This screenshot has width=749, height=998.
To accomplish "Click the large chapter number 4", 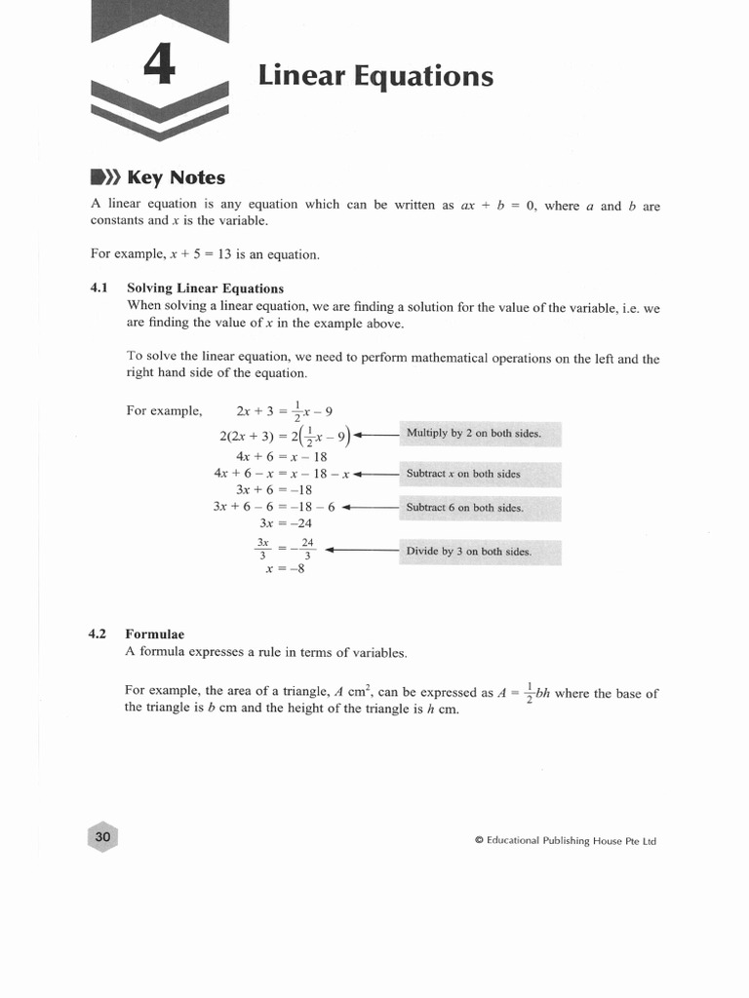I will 160,68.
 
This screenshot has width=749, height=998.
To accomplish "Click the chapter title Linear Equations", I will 375,76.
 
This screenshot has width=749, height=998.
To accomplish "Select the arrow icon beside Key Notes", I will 103,177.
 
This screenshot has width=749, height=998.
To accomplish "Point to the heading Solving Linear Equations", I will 205,288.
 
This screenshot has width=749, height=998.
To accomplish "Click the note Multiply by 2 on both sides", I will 473,434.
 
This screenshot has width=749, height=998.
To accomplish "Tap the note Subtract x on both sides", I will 463,474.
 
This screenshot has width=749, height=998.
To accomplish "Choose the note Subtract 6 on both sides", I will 464,508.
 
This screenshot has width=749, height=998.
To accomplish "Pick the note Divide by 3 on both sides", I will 468,551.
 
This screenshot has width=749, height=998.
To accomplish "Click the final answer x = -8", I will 285,569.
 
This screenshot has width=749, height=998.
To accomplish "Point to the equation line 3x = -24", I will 285,523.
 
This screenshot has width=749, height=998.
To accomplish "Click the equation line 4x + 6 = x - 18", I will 281,456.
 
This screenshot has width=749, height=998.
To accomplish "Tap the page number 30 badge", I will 103,837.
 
